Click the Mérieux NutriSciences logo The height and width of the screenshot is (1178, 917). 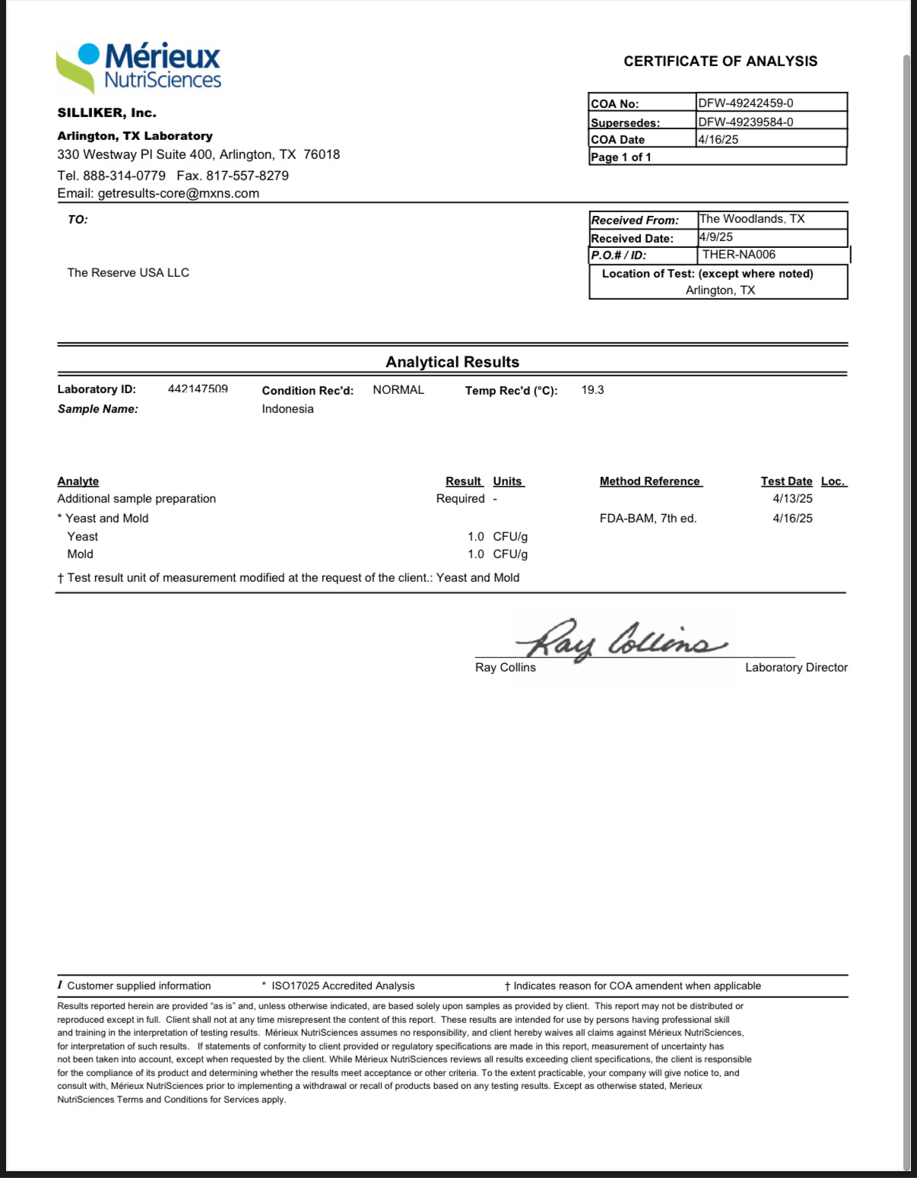pyautogui.click(x=139, y=67)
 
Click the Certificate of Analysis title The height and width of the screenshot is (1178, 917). pyautogui.click(x=720, y=62)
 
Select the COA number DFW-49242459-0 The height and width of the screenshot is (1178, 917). pyautogui.click(x=745, y=103)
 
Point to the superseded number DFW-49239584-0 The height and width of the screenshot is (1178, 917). pyautogui.click(x=745, y=122)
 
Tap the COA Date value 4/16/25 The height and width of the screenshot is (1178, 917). pyautogui.click(x=718, y=139)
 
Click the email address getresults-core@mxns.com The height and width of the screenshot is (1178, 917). pyautogui.click(x=178, y=193)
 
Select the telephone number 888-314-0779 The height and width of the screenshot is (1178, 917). pyautogui.click(x=124, y=175)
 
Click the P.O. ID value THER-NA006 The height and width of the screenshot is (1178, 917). pyautogui.click(x=738, y=255)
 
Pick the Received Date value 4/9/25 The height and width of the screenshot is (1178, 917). pyautogui.click(x=716, y=237)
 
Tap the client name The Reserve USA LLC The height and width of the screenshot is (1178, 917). pyautogui.click(x=128, y=272)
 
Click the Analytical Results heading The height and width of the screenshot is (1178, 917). pyautogui.click(x=452, y=362)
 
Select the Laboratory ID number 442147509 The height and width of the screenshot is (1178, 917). pyautogui.click(x=198, y=389)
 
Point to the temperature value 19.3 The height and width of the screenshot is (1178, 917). pyautogui.click(x=592, y=389)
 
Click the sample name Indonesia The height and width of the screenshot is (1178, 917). pyautogui.click(x=287, y=408)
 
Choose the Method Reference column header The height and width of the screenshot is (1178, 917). pyautogui.click(x=650, y=481)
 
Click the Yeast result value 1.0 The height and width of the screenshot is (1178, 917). pyautogui.click(x=475, y=536)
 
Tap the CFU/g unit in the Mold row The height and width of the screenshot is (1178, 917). pyautogui.click(x=510, y=554)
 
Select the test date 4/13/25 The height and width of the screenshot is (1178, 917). pyautogui.click(x=792, y=498)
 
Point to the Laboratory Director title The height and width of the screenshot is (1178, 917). pyautogui.click(x=796, y=667)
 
